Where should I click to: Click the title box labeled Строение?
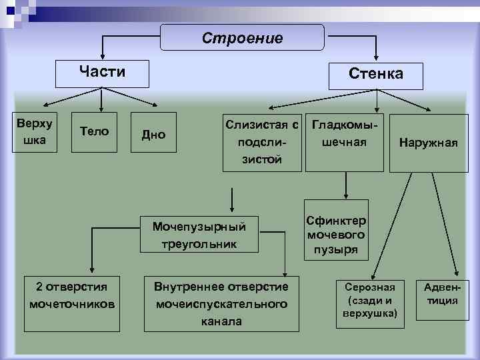pos(243,38)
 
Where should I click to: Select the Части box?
pos(101,71)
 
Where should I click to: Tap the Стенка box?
pos(376,73)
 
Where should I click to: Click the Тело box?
pos(94,131)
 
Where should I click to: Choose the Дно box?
pos(154,135)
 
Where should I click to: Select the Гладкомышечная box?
pos(345,134)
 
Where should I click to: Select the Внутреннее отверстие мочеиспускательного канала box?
pos(221,303)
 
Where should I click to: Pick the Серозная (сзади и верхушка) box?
pos(370,299)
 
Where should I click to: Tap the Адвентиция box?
pos(443,293)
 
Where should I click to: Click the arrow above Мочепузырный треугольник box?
pos(231,199)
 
